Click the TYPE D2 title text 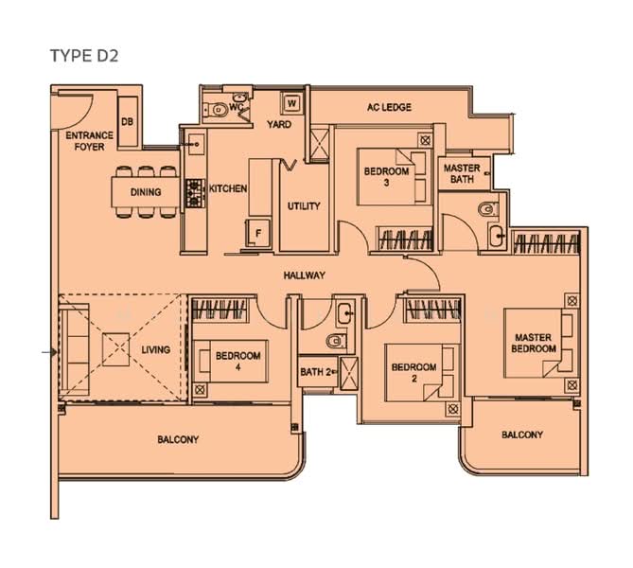pyautogui.click(x=84, y=56)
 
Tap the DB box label pyautogui.click(x=127, y=121)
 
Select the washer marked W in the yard pyautogui.click(x=291, y=102)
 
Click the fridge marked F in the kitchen pyautogui.click(x=258, y=233)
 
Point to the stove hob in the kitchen pyautogui.click(x=196, y=193)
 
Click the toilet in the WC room pyautogui.click(x=218, y=110)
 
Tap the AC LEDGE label pyautogui.click(x=389, y=107)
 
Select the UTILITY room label pyautogui.click(x=304, y=206)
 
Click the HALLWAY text pyautogui.click(x=304, y=275)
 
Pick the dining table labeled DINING pyautogui.click(x=146, y=192)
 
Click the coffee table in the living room pyautogui.click(x=115, y=349)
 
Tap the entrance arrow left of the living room pyautogui.click(x=49, y=353)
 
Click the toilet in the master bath pyautogui.click(x=488, y=209)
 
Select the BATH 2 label pyautogui.click(x=315, y=372)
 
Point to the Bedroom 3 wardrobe pyautogui.click(x=405, y=240)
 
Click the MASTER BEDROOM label pyautogui.click(x=534, y=343)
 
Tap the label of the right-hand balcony pyautogui.click(x=522, y=435)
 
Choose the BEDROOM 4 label pyautogui.click(x=237, y=362)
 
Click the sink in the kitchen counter pyautogui.click(x=196, y=144)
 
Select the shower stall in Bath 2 pyautogui.click(x=348, y=373)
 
